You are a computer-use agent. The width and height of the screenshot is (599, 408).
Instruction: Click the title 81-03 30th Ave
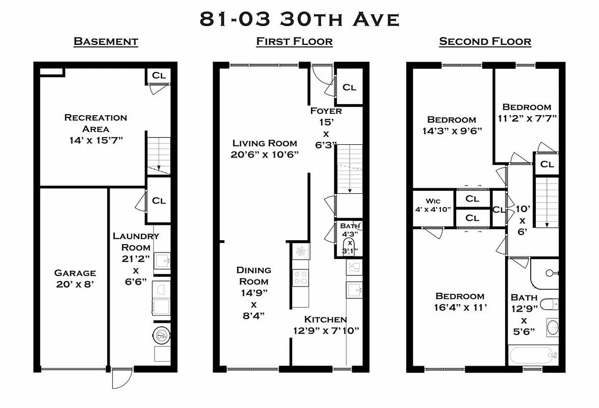coord(299,19)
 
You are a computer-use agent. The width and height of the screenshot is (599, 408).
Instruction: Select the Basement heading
coord(106,41)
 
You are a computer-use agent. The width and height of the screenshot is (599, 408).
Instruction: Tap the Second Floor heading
coord(485,41)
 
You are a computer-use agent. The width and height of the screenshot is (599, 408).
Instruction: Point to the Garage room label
coord(75,273)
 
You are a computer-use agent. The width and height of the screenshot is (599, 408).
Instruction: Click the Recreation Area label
coord(95,123)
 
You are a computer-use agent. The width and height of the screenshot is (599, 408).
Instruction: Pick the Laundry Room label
coord(136,241)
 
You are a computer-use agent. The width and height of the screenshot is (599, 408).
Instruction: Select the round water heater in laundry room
coord(162,335)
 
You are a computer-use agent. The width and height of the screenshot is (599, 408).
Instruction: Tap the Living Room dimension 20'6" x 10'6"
coord(265,154)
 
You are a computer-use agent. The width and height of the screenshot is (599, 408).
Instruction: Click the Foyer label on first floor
coord(326,111)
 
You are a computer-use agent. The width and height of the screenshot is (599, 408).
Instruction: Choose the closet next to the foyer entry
coord(349,87)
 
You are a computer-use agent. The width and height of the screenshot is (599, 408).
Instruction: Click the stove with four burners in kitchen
coord(300,278)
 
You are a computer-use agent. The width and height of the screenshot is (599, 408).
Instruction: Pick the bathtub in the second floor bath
coord(532,354)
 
